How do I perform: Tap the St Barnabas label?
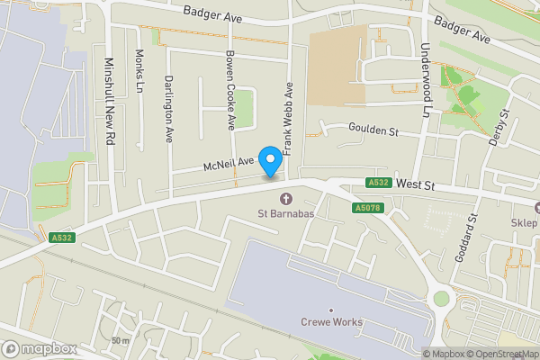[286, 214]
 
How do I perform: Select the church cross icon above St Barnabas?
[286, 199]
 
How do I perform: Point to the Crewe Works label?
[331, 322]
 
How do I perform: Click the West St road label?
[415, 185]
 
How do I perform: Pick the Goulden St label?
[373, 131]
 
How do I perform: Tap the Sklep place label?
[523, 223]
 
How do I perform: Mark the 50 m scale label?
[121, 340]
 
